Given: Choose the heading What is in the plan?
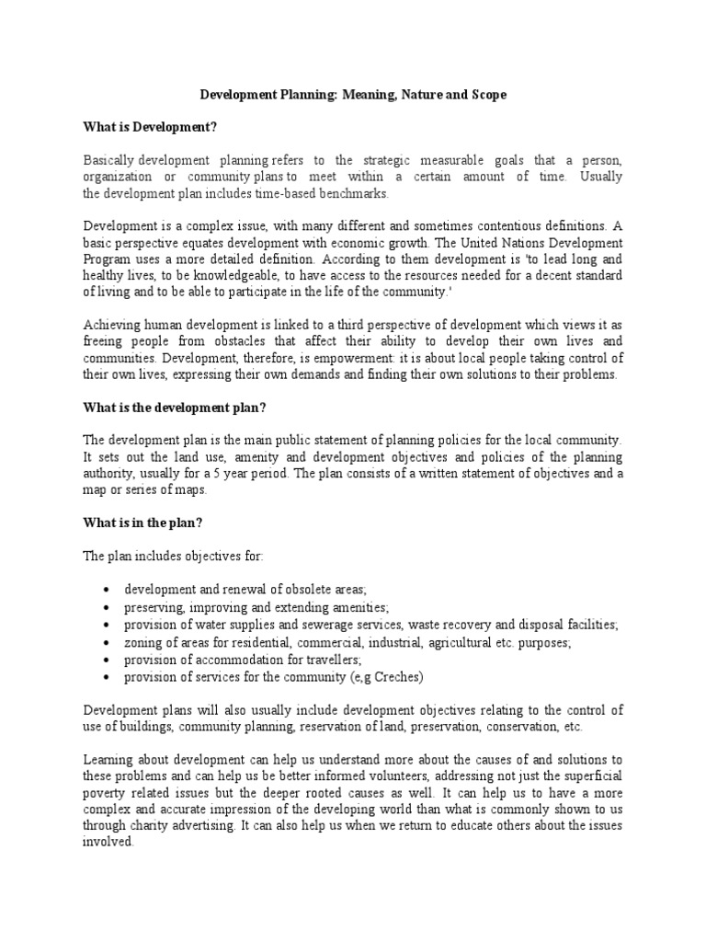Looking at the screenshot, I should pos(143,523).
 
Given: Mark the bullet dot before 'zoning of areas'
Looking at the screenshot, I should pos(108,644).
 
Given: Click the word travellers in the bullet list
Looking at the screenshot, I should pos(328,660).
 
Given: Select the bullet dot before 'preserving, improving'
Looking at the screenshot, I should pos(108,609).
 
